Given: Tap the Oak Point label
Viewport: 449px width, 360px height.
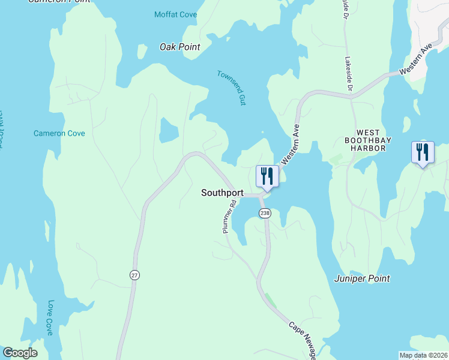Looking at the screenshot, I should (x=180, y=47).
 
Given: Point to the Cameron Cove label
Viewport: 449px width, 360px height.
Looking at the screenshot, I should (x=59, y=133).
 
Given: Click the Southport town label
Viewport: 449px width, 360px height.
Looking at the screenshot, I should (x=222, y=193).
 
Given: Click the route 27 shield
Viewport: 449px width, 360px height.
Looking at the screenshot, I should (x=134, y=274).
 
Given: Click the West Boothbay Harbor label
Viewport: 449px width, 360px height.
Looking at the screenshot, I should (x=366, y=140).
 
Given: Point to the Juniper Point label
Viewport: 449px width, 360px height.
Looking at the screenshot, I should (x=362, y=278).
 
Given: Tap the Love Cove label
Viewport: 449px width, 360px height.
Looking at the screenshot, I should (x=50, y=318).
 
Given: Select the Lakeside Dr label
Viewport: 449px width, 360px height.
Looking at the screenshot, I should (x=348, y=74).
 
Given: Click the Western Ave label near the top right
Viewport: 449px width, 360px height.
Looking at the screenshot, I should (x=416, y=61).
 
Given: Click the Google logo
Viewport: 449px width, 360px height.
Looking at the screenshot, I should (x=20, y=353).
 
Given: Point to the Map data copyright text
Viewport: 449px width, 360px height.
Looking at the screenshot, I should (x=423, y=355).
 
